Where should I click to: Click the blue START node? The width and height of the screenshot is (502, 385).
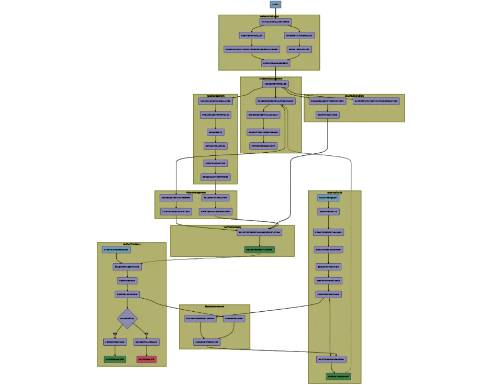click(x=275, y=4)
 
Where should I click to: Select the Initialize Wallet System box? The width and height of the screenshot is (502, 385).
click(x=275, y=22)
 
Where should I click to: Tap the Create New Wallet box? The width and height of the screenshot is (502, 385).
click(x=252, y=36)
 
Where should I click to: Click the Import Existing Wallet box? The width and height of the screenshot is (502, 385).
click(x=299, y=36)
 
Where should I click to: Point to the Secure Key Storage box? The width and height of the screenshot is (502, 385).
click(x=275, y=84)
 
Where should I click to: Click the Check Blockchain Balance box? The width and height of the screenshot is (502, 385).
click(x=215, y=101)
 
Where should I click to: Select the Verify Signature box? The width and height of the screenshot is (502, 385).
click(x=327, y=115)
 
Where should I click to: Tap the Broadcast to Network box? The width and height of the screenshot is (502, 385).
click(x=215, y=177)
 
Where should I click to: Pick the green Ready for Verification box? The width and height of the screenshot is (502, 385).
click(x=259, y=250)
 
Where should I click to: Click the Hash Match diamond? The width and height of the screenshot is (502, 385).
click(x=127, y=318)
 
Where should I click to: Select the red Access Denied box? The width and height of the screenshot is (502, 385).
click(x=147, y=359)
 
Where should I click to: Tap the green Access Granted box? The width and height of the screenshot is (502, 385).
click(x=115, y=359)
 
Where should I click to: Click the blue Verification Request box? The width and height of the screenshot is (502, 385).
click(x=116, y=250)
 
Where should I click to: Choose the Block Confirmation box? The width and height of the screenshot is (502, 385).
click(x=207, y=342)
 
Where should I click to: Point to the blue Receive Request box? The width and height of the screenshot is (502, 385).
click(x=329, y=198)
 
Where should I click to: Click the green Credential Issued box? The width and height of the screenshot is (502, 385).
click(x=338, y=377)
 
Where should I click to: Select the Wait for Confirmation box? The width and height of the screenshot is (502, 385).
click(x=331, y=359)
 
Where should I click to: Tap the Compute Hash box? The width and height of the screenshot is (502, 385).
click(x=127, y=280)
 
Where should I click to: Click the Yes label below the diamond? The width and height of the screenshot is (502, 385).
click(x=115, y=333)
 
